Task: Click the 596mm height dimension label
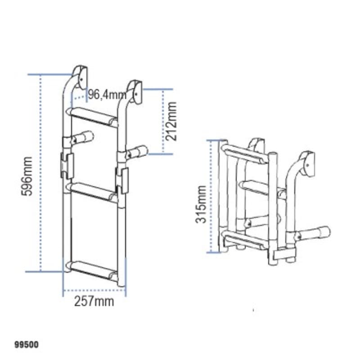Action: click(x=27, y=176)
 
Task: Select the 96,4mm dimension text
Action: click(x=107, y=94)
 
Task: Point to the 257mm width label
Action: click(x=94, y=301)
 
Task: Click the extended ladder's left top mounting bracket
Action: click(x=80, y=75)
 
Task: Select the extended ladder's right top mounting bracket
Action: click(x=135, y=90)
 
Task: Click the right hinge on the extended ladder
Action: click(x=122, y=179)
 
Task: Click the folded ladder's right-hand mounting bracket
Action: click(x=307, y=163)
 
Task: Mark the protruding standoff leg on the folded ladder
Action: click(x=315, y=233)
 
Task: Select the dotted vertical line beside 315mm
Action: click(x=210, y=196)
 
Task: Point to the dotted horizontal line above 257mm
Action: click(x=94, y=290)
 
